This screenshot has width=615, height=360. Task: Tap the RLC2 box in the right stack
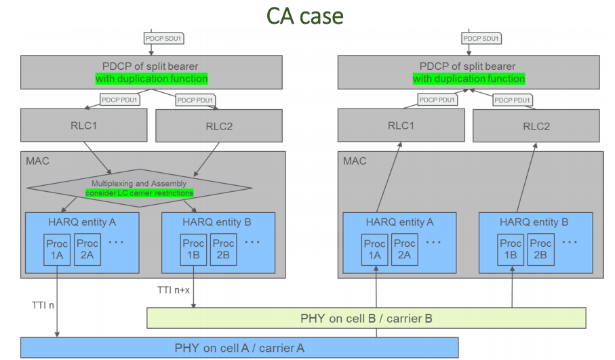536,126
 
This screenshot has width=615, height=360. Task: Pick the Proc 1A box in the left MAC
56,249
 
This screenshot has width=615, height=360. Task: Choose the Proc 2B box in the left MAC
223,249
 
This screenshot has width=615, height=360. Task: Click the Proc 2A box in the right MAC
404,249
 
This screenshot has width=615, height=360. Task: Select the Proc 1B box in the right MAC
511,249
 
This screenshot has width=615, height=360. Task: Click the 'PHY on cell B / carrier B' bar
366,318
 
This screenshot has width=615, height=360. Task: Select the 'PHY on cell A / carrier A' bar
239,348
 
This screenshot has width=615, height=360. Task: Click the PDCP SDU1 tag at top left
163,39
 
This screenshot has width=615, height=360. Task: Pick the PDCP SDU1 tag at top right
481,39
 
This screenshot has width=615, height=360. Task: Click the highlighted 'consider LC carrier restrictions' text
139,193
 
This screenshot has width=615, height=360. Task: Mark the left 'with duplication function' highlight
151,79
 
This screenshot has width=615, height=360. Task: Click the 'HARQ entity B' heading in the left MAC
218,222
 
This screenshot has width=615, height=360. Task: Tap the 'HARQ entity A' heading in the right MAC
400,222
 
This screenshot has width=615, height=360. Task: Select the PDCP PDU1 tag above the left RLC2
195,100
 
